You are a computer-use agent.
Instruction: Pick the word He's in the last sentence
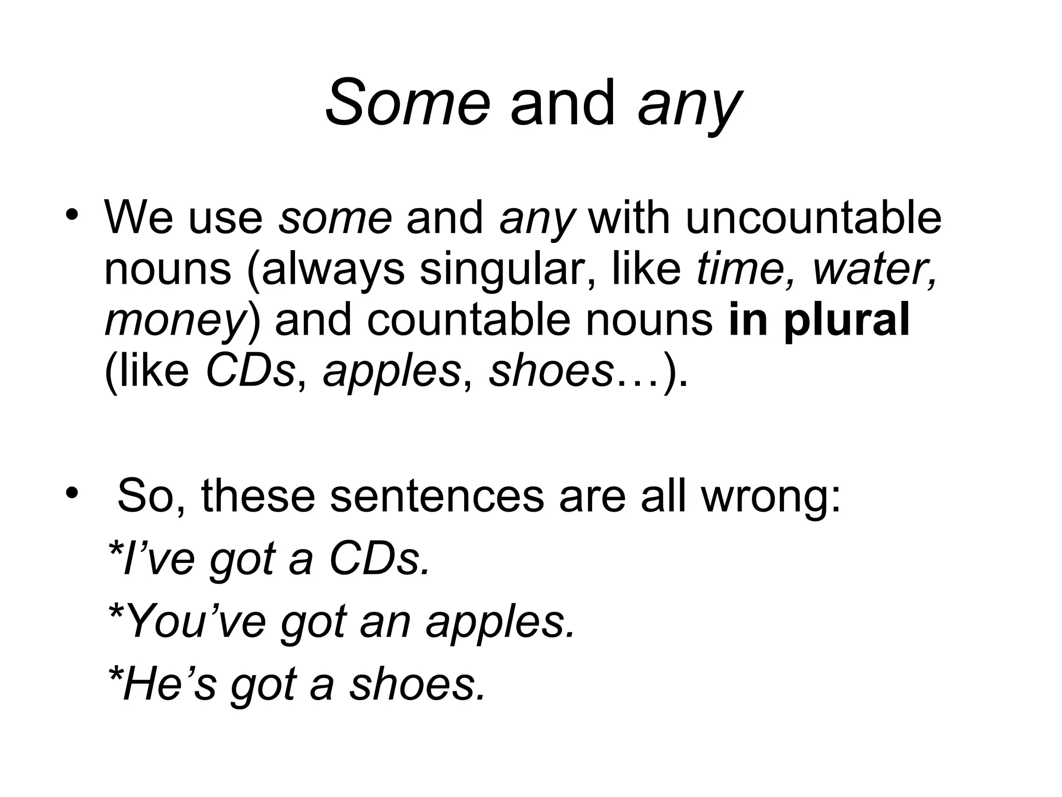(x=169, y=684)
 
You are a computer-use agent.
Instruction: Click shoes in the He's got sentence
(x=418, y=684)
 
